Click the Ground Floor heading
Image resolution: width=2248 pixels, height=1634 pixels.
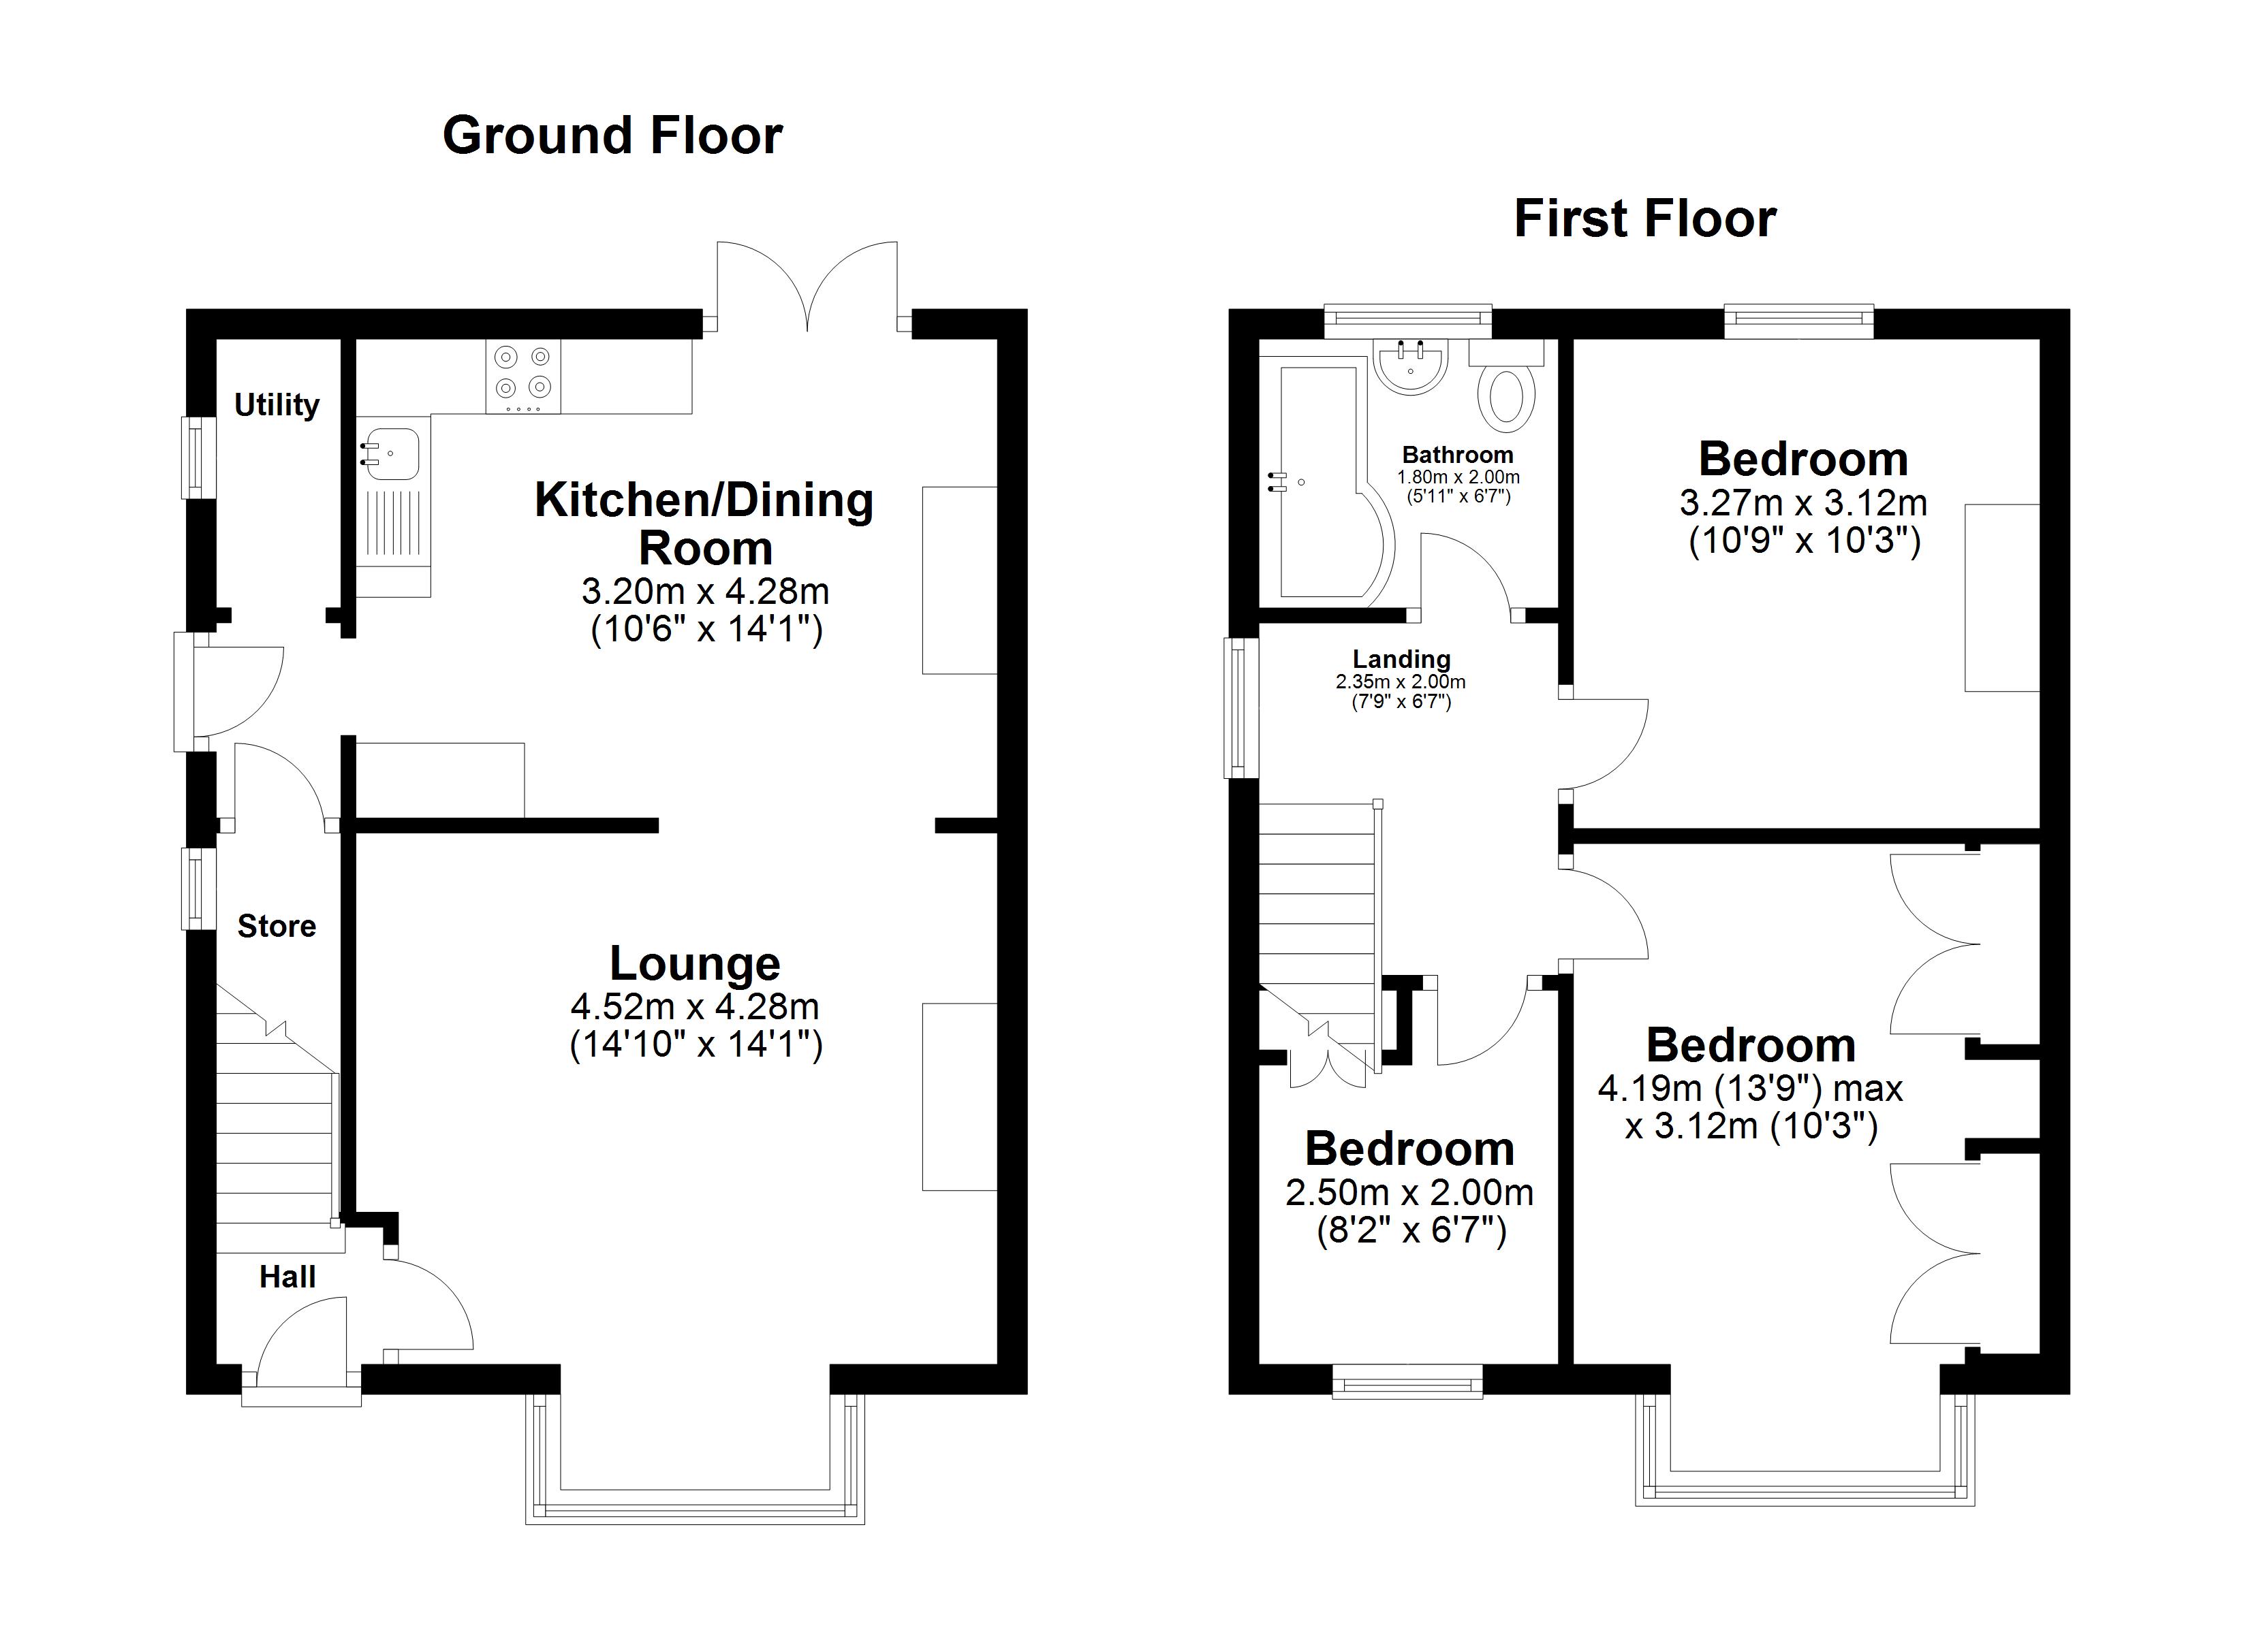pyautogui.click(x=612, y=135)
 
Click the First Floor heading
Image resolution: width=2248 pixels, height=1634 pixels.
pyautogui.click(x=1644, y=219)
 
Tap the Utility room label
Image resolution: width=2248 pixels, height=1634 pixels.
pyautogui.click(x=277, y=404)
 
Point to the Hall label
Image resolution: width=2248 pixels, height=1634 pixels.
pyautogui.click(x=287, y=1277)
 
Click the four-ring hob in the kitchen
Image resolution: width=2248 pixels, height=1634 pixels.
pyautogui.click(x=522, y=376)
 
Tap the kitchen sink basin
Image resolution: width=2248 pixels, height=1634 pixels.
pyautogui.click(x=392, y=455)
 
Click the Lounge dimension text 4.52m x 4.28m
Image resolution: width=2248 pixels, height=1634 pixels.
pyautogui.click(x=695, y=1007)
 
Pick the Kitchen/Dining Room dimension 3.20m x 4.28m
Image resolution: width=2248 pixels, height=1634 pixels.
pyautogui.click(x=705, y=592)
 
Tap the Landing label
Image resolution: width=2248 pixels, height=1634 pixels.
pyautogui.click(x=1401, y=659)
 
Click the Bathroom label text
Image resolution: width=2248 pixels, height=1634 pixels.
pyautogui.click(x=1457, y=455)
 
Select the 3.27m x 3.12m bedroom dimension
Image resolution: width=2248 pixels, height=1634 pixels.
pyautogui.click(x=1803, y=503)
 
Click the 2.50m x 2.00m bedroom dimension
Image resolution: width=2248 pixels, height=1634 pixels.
pyautogui.click(x=1409, y=1192)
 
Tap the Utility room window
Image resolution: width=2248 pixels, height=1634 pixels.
pyautogui.click(x=198, y=457)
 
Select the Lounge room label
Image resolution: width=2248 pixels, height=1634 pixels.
pyautogui.click(x=695, y=963)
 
